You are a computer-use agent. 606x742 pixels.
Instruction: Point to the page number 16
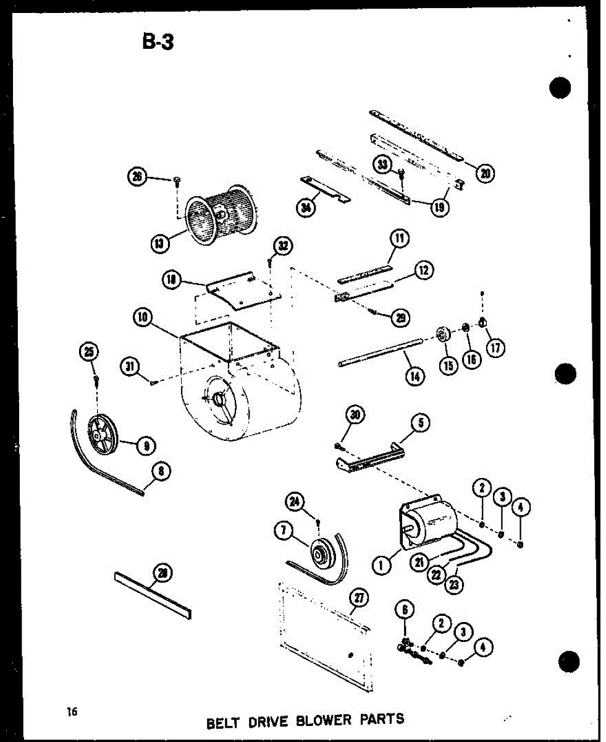tap(73, 712)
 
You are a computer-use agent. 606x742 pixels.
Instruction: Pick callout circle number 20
tap(485, 173)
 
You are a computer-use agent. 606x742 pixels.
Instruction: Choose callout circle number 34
tap(305, 207)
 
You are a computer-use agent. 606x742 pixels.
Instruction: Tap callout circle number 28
tap(162, 573)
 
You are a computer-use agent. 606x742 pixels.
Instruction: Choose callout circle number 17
tap(495, 348)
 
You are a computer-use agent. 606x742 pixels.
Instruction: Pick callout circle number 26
tap(137, 176)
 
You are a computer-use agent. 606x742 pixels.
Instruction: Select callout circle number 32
tap(282, 247)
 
